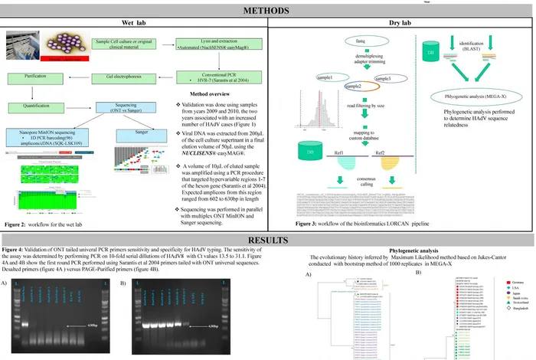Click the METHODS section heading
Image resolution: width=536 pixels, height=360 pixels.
tap(267, 11)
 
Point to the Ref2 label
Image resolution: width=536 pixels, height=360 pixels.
tap(380, 152)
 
